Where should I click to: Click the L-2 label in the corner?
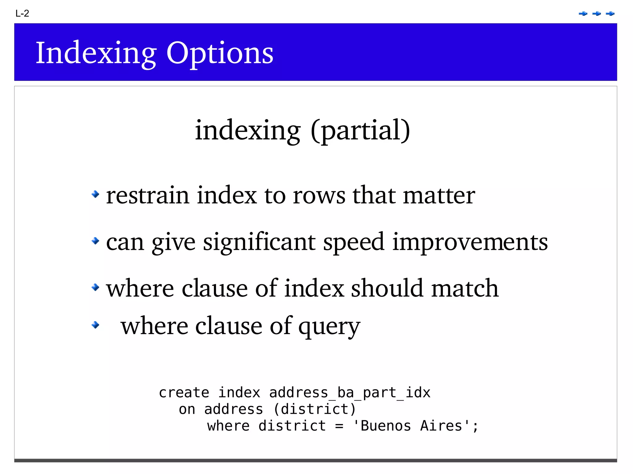22,14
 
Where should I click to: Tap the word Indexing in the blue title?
96,53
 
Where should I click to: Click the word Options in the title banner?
220,53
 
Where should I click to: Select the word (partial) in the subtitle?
360,131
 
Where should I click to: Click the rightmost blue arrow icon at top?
610,14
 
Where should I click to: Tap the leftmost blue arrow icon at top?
583,14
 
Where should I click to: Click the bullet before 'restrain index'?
96,194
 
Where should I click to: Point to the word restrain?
147,195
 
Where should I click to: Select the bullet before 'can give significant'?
96,241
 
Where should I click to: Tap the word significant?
259,242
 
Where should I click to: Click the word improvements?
470,242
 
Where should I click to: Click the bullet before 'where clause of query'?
96,325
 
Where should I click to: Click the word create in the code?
184,393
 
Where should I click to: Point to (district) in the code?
315,409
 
